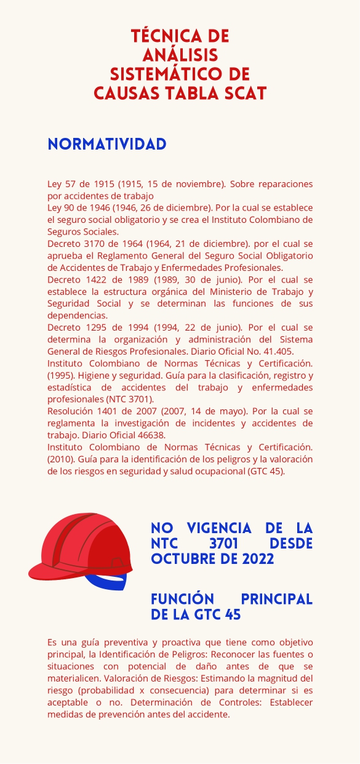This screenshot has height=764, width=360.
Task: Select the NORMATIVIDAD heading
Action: (x=107, y=144)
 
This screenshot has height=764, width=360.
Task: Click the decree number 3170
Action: (x=93, y=243)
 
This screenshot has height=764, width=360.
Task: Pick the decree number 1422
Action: (x=93, y=279)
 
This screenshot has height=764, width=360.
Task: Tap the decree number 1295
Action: (x=93, y=328)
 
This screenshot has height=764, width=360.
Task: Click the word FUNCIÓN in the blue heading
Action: (x=183, y=600)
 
